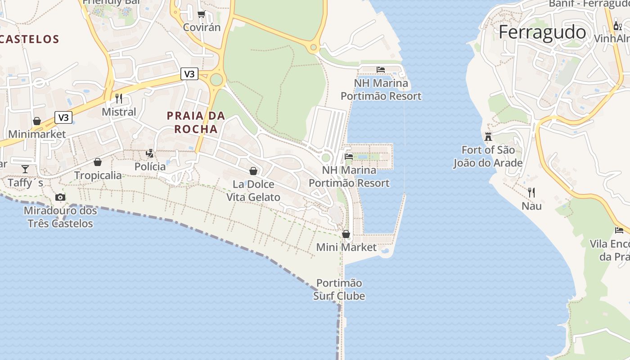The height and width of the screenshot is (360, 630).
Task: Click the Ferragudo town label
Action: point(542,32)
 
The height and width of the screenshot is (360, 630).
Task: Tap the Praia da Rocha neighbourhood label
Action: point(196,122)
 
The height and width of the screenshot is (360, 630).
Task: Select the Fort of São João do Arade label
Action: point(488,156)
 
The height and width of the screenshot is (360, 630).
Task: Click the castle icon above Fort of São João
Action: point(488,136)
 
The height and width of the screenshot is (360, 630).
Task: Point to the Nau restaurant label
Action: point(531,206)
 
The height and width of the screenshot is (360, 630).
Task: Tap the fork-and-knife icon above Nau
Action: point(531,193)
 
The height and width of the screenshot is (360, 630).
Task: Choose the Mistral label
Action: point(119,112)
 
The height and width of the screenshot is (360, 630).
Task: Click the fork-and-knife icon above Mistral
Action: point(119,98)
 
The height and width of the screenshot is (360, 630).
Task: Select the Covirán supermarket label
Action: point(202,27)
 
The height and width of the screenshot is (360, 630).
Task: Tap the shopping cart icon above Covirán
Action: point(202,14)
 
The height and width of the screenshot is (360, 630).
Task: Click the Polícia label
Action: point(150,166)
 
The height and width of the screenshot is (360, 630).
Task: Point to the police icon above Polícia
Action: point(150,153)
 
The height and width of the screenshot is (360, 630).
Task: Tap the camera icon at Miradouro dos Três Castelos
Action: point(60,197)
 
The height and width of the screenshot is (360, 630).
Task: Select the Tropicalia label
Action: point(98,175)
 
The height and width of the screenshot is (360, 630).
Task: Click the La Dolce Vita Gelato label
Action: point(253,191)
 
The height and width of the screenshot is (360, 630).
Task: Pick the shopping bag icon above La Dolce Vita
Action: point(253,171)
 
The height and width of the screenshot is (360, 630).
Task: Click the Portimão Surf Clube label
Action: point(339,289)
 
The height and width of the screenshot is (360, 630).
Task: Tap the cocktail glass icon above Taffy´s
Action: point(25,169)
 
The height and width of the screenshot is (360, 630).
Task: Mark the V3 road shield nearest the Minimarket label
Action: point(63,118)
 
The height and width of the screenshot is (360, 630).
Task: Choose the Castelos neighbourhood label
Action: point(30,39)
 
